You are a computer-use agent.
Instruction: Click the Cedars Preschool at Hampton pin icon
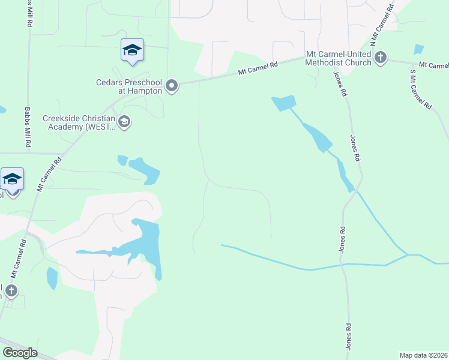(172, 86)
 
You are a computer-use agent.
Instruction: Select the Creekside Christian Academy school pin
(124, 122)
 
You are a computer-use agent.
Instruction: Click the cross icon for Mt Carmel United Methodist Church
(380, 58)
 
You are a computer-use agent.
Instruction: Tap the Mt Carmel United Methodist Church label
(339, 58)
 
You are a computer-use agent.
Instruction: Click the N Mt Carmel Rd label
(382, 25)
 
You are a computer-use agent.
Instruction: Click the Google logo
(20, 353)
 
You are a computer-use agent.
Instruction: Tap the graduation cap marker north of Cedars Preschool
(132, 50)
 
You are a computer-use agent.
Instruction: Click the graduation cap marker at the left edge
(12, 179)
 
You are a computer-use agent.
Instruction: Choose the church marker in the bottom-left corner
(10, 292)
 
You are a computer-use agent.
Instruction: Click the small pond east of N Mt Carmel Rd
(418, 49)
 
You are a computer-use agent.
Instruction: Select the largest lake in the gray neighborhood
(147, 243)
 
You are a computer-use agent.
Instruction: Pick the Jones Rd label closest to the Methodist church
(340, 84)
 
